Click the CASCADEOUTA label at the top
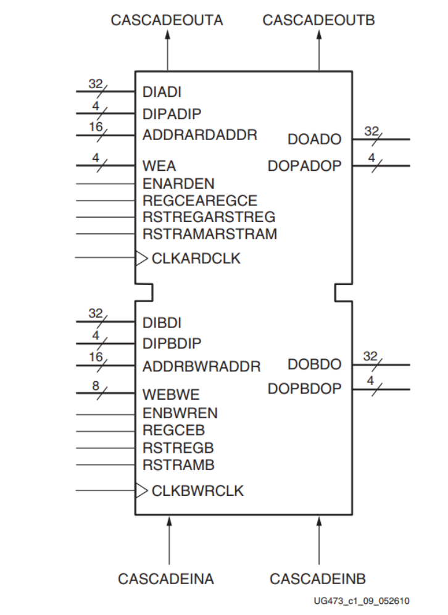(x=167, y=20)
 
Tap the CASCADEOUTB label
(x=318, y=20)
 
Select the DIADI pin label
(x=162, y=93)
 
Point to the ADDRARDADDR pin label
(x=199, y=134)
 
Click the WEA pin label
(x=159, y=167)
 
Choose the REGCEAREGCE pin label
(x=199, y=200)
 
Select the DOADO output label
(x=314, y=139)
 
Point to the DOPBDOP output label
(x=304, y=389)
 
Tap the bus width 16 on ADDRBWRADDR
(x=96, y=358)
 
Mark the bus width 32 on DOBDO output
(x=370, y=356)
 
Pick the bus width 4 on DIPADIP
(x=96, y=106)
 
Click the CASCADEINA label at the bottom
(x=166, y=579)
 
